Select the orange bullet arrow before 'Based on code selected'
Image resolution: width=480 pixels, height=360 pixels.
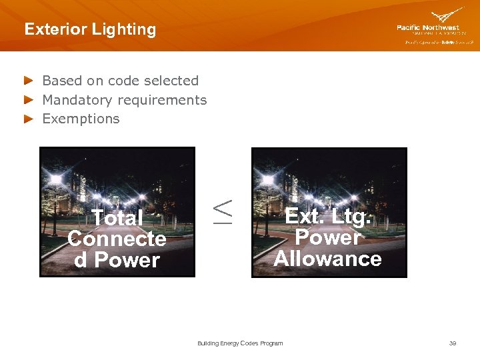[x=28, y=81]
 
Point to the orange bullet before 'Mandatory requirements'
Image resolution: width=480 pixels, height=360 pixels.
[x=28, y=100]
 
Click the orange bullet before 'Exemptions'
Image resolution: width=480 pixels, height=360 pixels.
[x=28, y=119]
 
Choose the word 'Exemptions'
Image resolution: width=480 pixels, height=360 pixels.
[x=81, y=119]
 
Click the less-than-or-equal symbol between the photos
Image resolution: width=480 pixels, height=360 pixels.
[x=223, y=211]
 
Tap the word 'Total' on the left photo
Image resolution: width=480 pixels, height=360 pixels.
[x=117, y=218]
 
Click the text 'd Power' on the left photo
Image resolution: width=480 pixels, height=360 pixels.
[x=117, y=260]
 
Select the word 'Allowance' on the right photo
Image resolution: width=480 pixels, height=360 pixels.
[x=327, y=259]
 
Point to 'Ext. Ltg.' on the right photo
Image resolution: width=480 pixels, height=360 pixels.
[x=327, y=216]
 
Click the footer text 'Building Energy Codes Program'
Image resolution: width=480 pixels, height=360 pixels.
[x=240, y=343]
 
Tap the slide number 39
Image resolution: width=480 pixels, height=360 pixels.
[x=453, y=343]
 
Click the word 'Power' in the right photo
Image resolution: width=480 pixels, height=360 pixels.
[x=327, y=237]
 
